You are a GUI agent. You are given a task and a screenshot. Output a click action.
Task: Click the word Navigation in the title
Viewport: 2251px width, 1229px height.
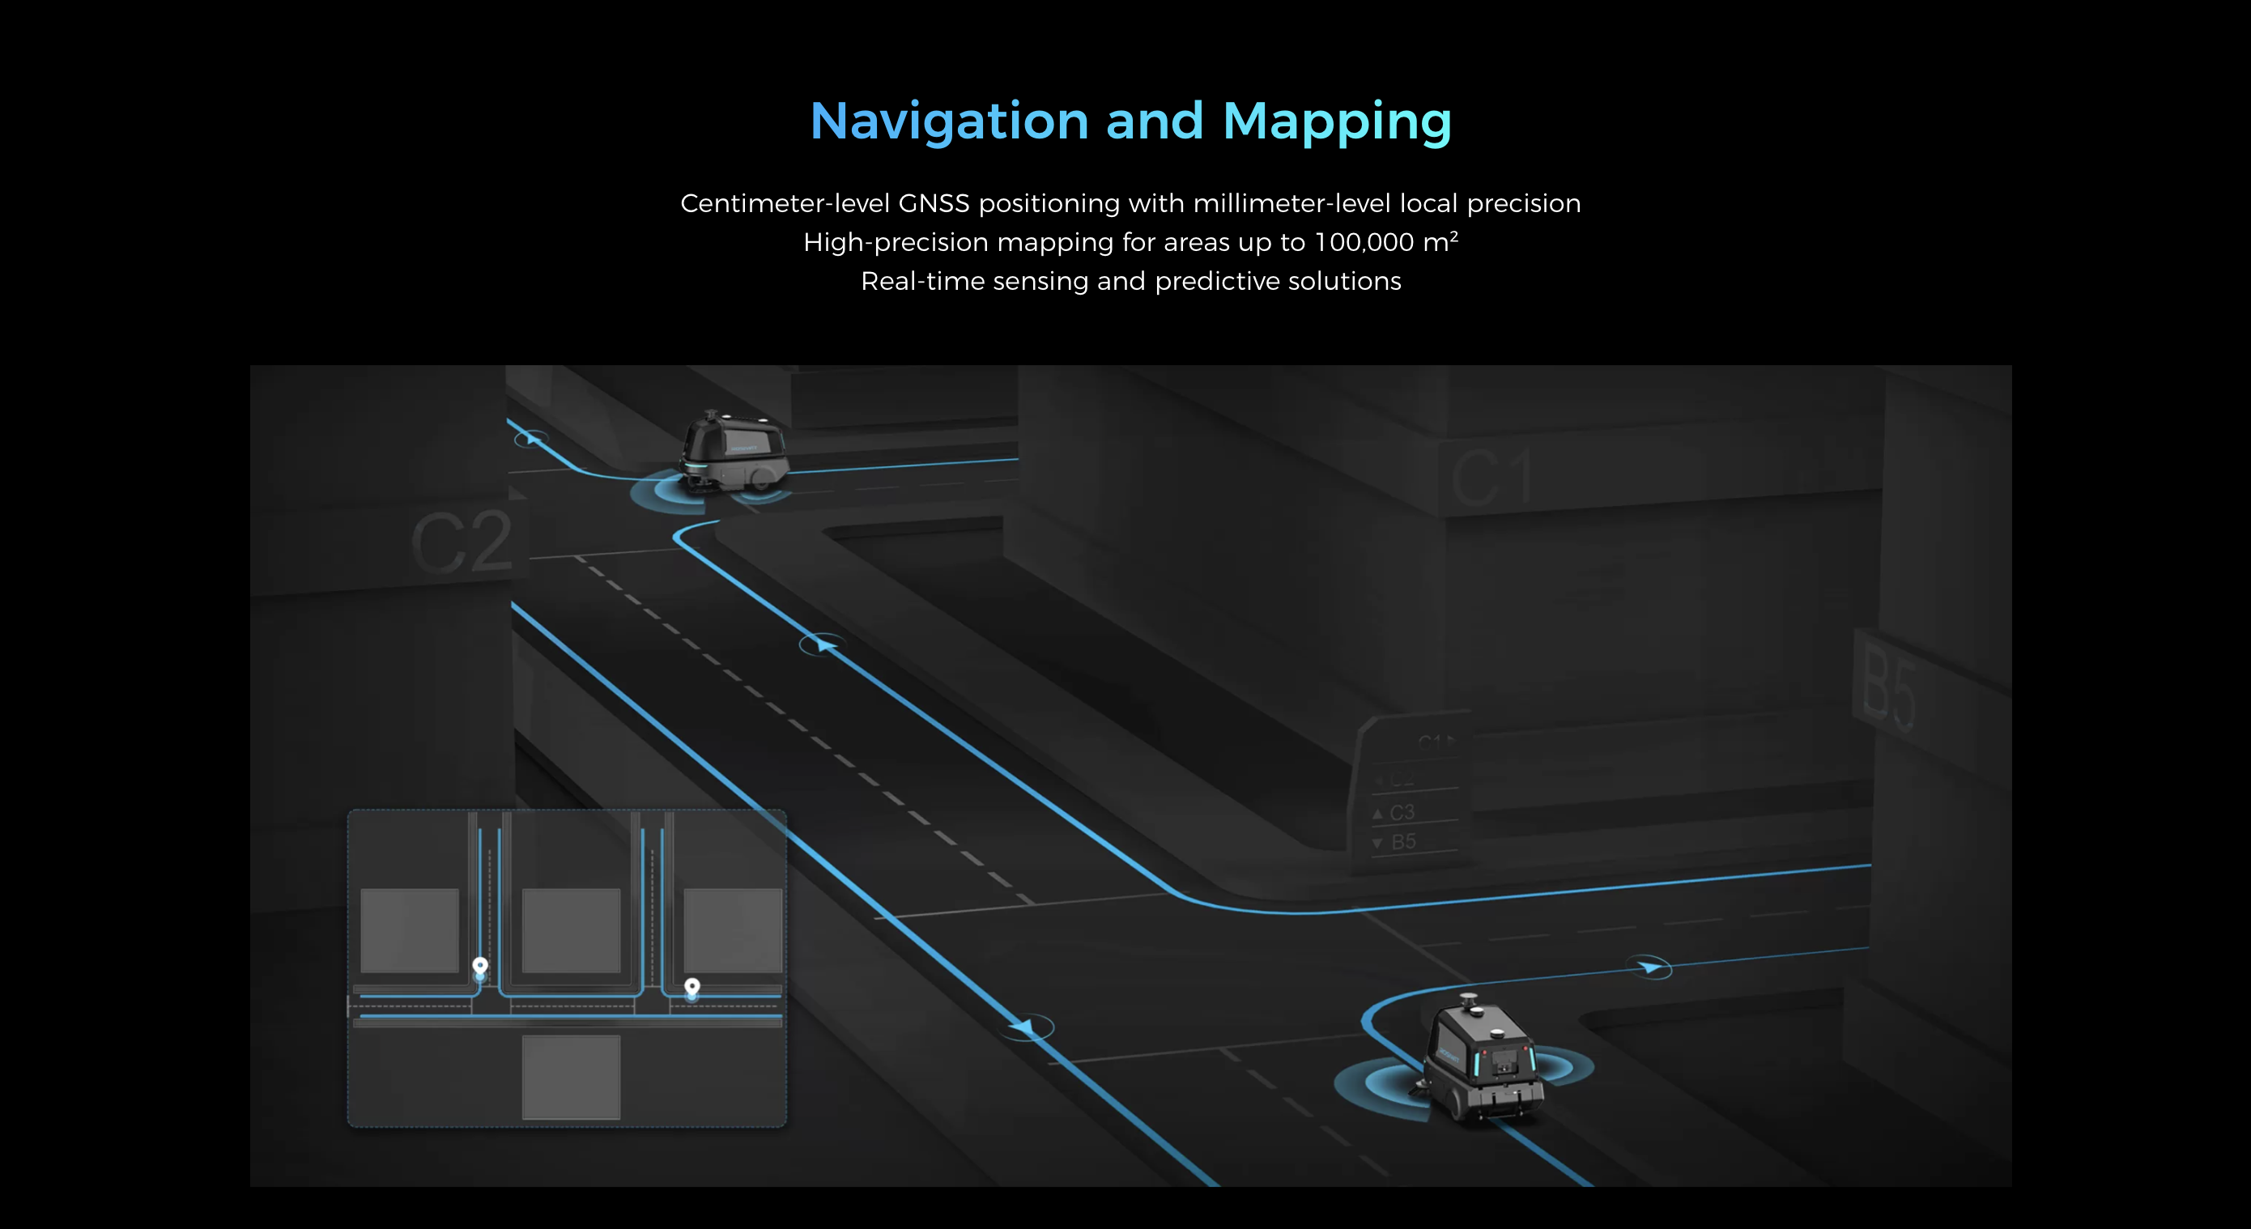949,121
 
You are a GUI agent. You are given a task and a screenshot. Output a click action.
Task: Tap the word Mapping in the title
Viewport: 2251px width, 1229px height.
1336,122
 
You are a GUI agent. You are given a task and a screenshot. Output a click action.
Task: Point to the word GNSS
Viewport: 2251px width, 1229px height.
934,203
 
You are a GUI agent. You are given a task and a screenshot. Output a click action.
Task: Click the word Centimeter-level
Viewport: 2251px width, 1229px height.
785,203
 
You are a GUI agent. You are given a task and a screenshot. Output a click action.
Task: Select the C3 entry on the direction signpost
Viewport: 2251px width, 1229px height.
1401,812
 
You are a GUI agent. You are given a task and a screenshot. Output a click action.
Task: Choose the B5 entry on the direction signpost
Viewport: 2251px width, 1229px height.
1402,842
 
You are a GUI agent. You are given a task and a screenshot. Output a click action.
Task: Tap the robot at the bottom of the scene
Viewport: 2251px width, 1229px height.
1482,1061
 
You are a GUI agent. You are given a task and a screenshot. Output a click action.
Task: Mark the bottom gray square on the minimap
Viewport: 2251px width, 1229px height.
571,1076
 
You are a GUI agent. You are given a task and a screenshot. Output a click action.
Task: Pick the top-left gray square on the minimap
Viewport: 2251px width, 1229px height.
410,929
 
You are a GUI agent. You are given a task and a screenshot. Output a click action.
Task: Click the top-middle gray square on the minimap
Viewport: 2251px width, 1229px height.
571,929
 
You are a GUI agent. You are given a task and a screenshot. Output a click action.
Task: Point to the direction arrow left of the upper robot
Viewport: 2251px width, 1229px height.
530,438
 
